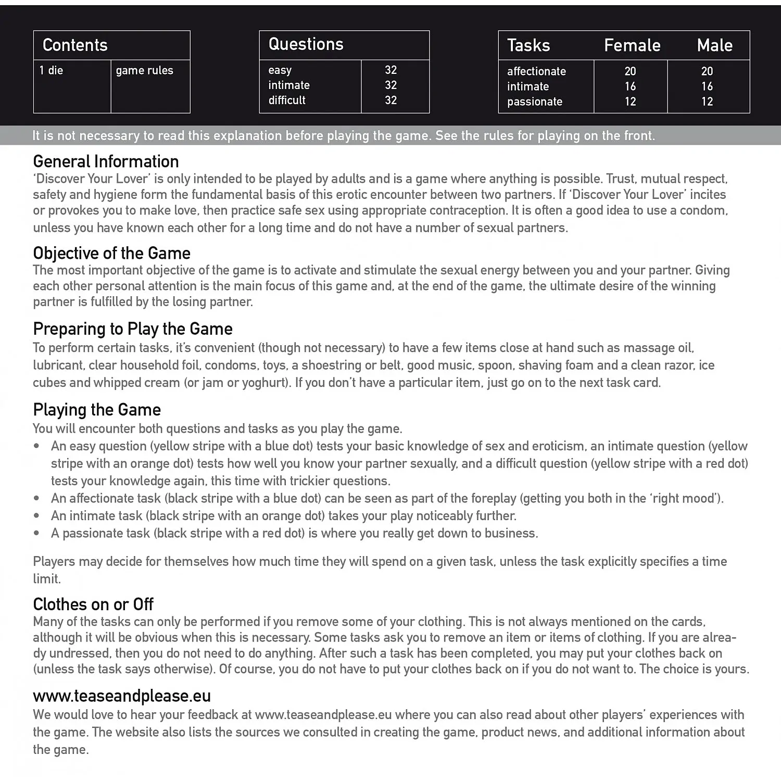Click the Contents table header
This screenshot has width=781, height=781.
pos(75,45)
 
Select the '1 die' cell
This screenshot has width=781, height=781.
pos(51,70)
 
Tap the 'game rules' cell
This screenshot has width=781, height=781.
pos(144,70)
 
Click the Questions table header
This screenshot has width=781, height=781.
pos(306,44)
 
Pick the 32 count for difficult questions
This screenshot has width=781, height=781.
pos(391,100)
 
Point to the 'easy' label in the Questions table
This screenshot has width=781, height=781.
pos(280,70)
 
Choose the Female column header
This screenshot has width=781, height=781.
pos(632,45)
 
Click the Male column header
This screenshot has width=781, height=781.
pos(714,45)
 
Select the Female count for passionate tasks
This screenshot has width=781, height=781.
pos(631,102)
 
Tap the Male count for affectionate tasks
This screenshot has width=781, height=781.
pos(707,71)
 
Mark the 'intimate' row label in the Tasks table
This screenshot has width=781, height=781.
pos(528,86)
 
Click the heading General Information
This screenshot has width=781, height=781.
pos(106,161)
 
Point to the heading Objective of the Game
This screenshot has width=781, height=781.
pos(111,253)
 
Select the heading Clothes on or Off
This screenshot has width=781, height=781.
pos(93,604)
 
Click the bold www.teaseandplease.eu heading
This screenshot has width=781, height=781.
pos(122,696)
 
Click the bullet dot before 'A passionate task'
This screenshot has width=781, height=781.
pos(36,533)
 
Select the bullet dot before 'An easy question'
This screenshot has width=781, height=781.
pos(36,446)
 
